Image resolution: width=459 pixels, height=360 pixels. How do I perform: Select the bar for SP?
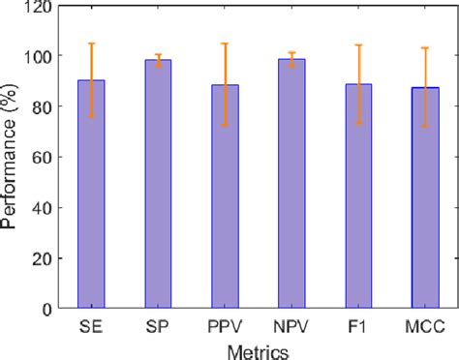point(158,184)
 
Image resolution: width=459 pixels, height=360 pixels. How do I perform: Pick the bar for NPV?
point(291,184)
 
